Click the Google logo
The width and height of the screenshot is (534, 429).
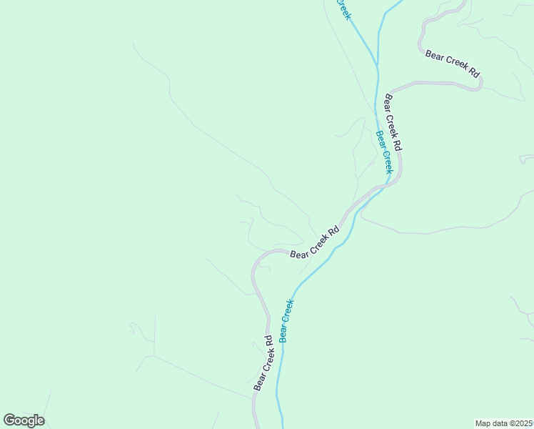pos(24,420)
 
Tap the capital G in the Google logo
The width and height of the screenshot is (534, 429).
pos(9,420)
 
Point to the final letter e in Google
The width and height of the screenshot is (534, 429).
pos(40,421)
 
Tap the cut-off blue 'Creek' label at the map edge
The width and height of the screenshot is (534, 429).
pos(343,9)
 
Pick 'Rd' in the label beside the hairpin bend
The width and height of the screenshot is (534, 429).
pos(473,72)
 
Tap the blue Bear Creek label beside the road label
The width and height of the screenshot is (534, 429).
pos(384,152)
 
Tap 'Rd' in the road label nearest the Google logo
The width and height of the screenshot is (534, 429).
pos(269,341)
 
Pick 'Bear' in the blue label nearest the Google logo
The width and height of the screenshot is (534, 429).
pos(284,332)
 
